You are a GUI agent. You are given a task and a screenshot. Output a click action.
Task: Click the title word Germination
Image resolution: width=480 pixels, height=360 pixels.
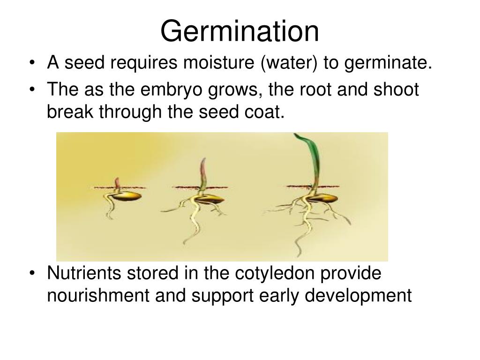pyautogui.click(x=240, y=31)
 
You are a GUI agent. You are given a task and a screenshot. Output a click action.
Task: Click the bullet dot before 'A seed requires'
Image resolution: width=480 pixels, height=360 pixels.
pyautogui.click(x=34, y=63)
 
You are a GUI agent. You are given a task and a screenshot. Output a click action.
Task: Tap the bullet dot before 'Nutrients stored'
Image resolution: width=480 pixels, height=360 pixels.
pyautogui.click(x=34, y=274)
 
